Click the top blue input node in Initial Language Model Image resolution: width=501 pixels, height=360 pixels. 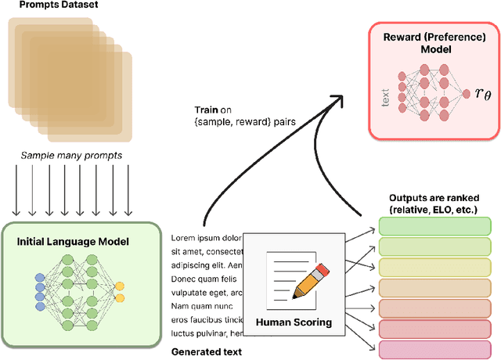(x=40, y=277)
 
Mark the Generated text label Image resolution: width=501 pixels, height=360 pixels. (x=206, y=352)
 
